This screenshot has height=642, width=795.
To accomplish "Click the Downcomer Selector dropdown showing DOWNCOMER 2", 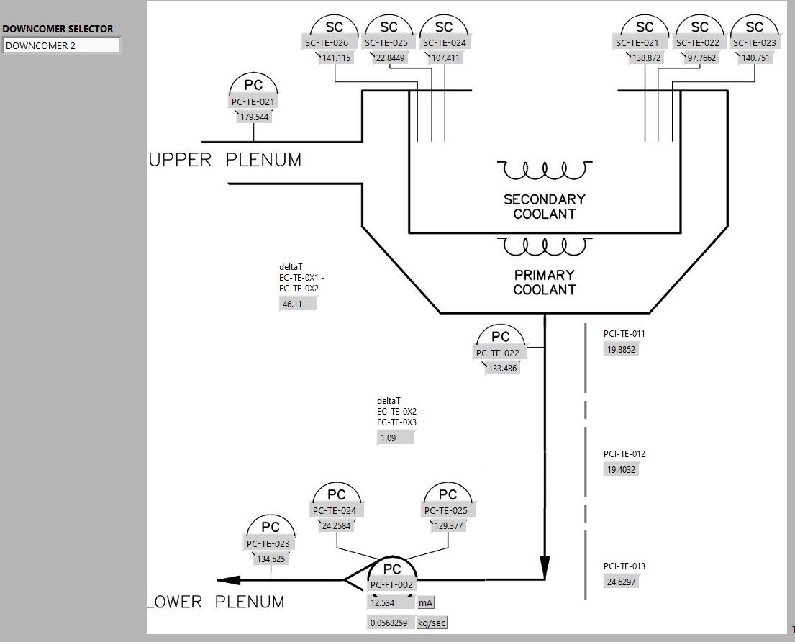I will tap(62, 45).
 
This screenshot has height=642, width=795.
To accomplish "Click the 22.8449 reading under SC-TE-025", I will tap(389, 58).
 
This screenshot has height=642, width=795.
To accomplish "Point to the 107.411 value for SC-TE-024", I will tap(445, 58).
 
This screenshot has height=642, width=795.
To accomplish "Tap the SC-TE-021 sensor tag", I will tap(637, 43).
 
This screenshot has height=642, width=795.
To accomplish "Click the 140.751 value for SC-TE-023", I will tap(755, 58).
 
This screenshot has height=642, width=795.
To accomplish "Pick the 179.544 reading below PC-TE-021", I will tap(254, 117).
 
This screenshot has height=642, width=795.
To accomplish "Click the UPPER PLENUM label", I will tap(225, 160).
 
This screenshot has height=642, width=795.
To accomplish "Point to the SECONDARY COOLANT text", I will tap(545, 207).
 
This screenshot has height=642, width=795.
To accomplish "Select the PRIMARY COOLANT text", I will tap(545, 282).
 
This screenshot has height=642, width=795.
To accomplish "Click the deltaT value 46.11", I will tap(297, 304).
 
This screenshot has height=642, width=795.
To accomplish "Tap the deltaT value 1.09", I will tap(395, 438).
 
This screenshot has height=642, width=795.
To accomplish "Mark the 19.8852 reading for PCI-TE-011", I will tap(622, 350).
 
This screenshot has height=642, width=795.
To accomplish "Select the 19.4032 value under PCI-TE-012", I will tap(622, 470).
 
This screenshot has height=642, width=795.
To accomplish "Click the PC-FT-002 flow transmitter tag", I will tap(391, 585).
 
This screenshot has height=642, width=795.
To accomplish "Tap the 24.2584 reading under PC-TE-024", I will tap(336, 526).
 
